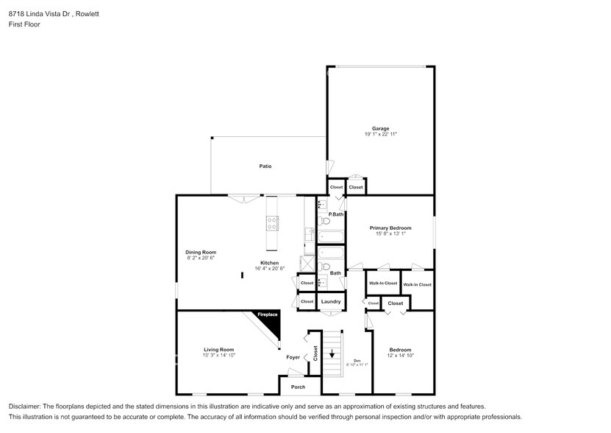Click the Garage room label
(x=380, y=128)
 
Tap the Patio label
(x=265, y=166)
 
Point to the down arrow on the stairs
(x=332, y=353)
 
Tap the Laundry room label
(x=331, y=301)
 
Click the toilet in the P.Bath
(x=324, y=221)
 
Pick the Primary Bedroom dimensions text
(x=390, y=234)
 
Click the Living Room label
(x=218, y=349)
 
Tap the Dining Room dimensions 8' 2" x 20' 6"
(x=200, y=258)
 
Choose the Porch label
(x=298, y=387)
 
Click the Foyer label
(x=293, y=357)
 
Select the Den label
(x=356, y=360)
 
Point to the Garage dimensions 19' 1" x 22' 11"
(x=380, y=134)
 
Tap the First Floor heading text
(x=24, y=24)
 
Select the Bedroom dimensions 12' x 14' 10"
(x=400, y=356)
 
